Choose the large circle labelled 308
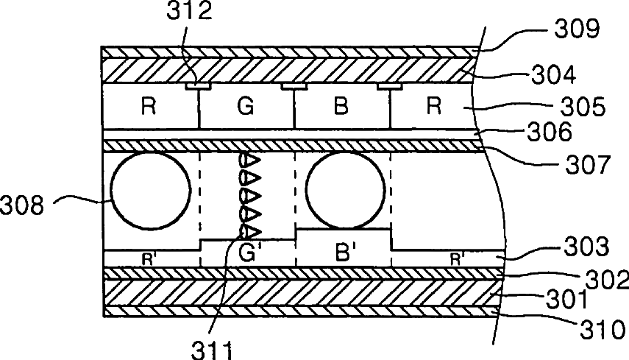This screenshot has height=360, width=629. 146,189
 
